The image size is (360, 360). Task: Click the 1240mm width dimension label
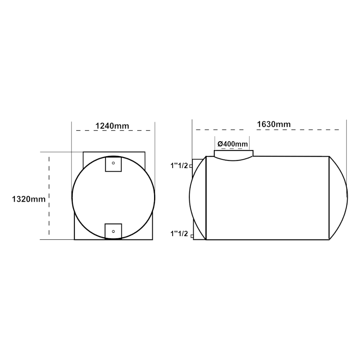pos(112,126)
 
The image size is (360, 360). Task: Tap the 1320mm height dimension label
pos(29,199)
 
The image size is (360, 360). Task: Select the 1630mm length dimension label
pos(274,124)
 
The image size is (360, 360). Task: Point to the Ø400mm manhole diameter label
pos(233,144)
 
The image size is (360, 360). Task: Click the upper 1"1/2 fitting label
pos(179,166)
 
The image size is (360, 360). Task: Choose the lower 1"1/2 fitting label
pos(179,234)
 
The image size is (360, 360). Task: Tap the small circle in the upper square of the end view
pos(113,163)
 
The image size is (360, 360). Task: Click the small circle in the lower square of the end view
pos(113,231)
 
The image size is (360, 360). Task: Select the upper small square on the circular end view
pos(113,164)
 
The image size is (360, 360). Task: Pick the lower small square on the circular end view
pos(113,231)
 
